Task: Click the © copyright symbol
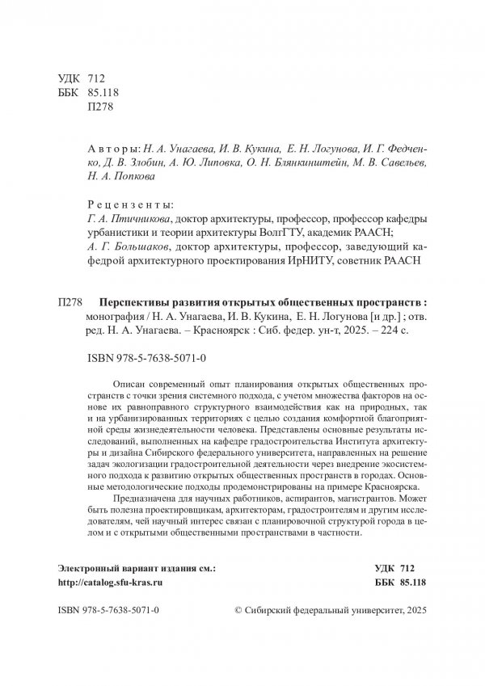pyautogui.click(x=237, y=613)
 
